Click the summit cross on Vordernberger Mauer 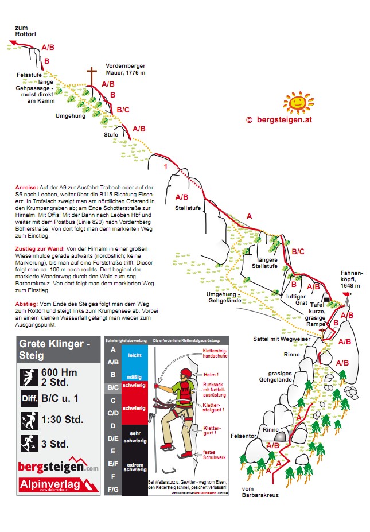click(91, 76)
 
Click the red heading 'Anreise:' click(27, 188)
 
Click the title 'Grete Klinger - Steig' click(55, 350)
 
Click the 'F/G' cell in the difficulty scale click(113, 490)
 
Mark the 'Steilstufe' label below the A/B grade click(188, 208)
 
